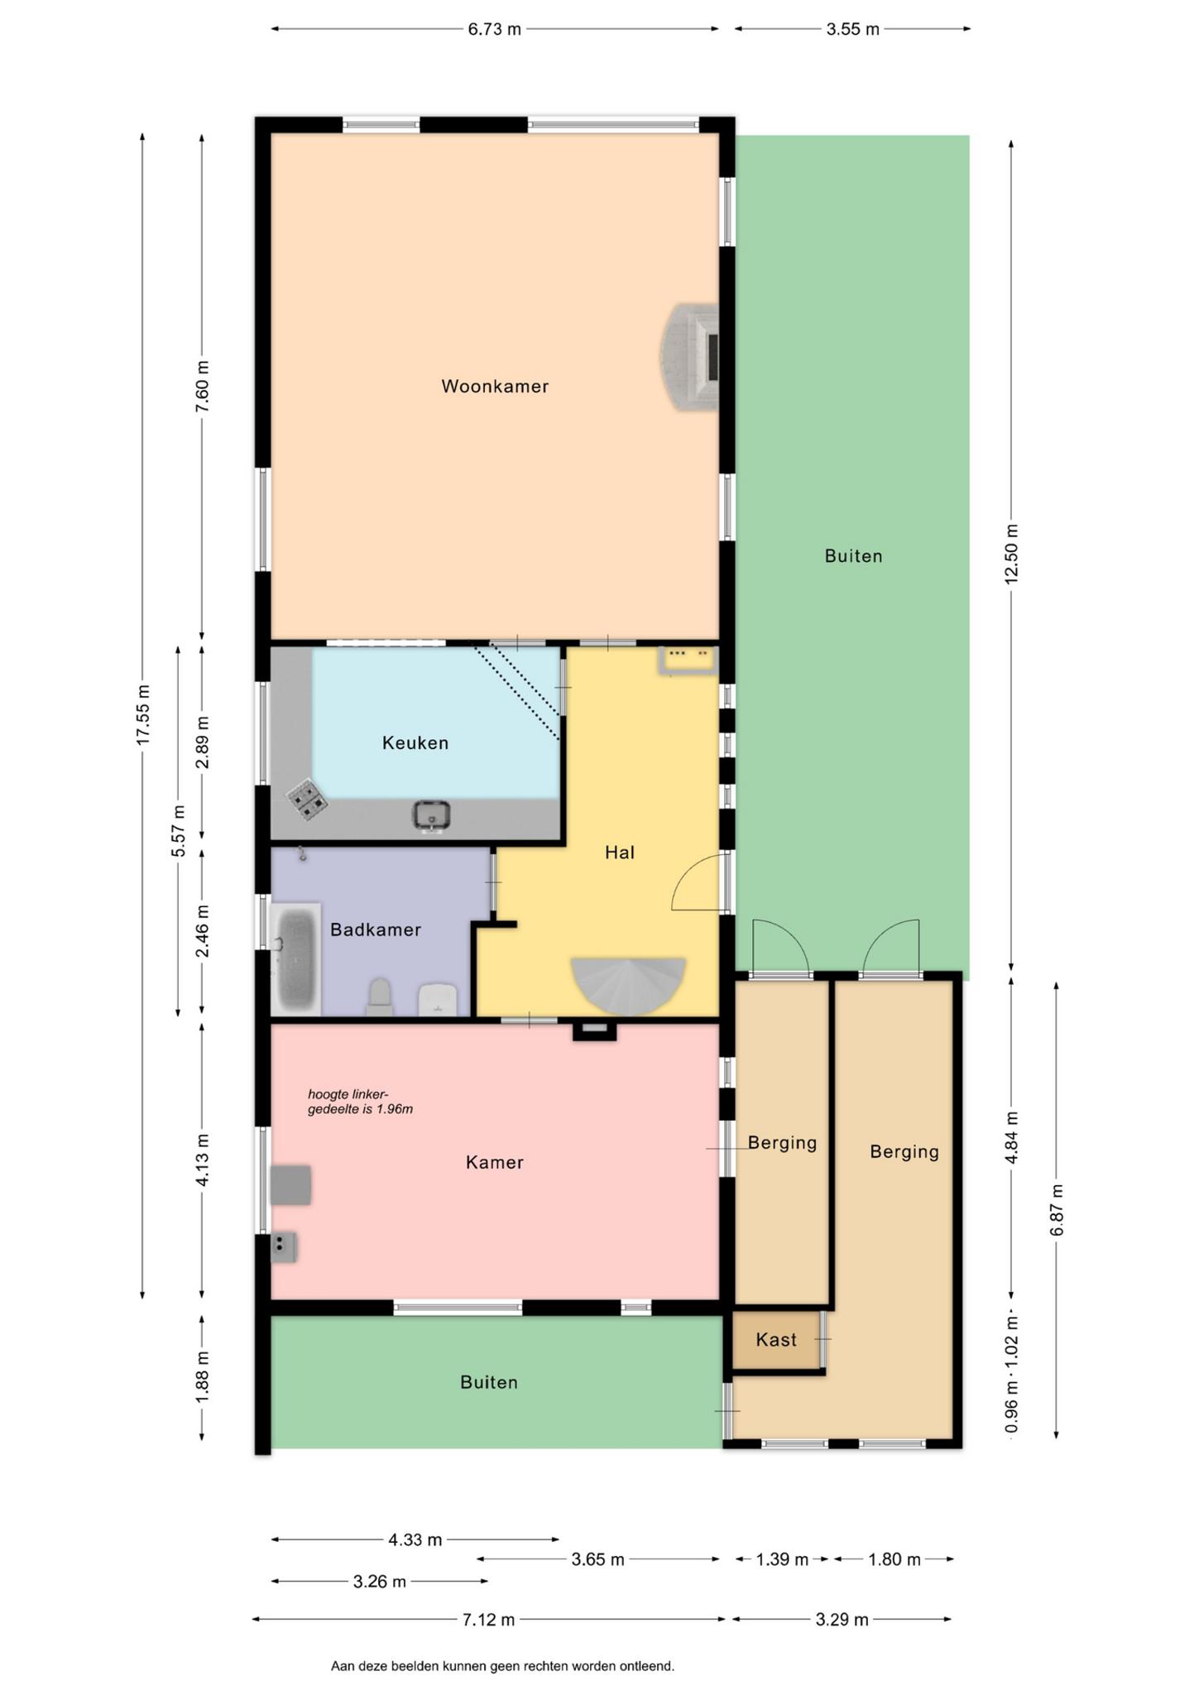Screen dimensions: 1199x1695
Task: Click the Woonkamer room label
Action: (x=495, y=387)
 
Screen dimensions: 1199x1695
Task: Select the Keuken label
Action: (x=415, y=743)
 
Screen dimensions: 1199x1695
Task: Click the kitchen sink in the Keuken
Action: (x=432, y=815)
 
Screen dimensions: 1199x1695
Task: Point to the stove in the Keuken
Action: (x=306, y=800)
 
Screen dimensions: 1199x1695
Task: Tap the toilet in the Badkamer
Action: (x=379, y=997)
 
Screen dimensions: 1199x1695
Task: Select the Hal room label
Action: (x=620, y=852)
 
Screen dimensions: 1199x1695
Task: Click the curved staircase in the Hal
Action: (x=628, y=985)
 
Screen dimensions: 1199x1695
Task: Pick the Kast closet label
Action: (x=776, y=1339)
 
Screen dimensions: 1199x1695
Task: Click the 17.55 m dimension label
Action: (x=143, y=715)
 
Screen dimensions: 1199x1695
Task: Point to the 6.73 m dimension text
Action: (x=495, y=29)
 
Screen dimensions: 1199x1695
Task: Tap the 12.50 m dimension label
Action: (x=1011, y=554)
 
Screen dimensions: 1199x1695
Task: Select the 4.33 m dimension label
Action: (x=415, y=1539)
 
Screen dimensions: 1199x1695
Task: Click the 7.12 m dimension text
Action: (x=488, y=1619)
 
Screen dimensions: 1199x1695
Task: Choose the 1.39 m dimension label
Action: (x=782, y=1559)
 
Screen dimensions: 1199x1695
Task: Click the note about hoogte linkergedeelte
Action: (x=360, y=1102)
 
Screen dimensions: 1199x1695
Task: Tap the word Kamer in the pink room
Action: (x=495, y=1162)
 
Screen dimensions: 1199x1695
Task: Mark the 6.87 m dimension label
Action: (x=1057, y=1210)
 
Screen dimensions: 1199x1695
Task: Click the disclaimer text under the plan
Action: (x=502, y=1666)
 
